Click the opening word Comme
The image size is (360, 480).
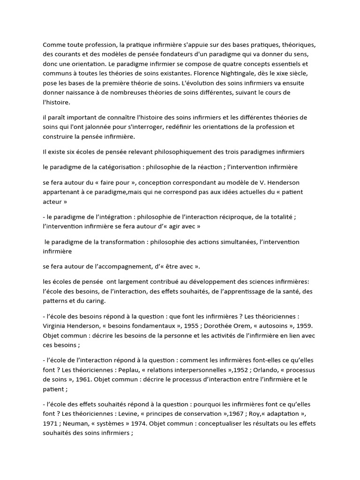(53, 45)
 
